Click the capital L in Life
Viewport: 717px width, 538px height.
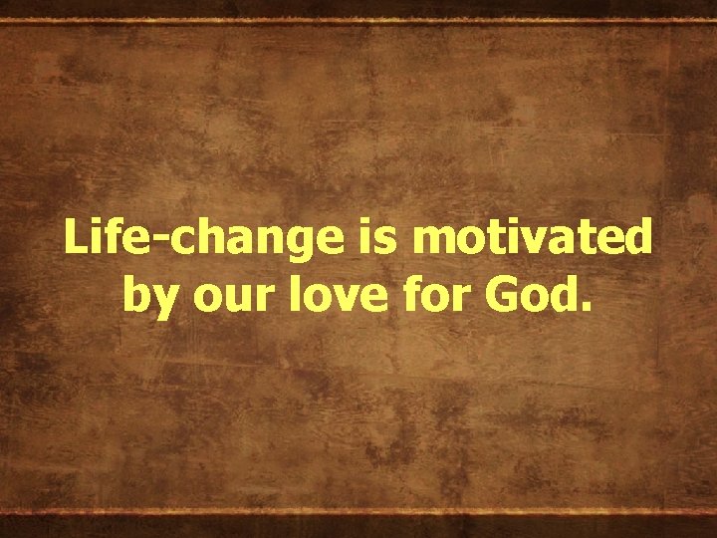click(x=73, y=239)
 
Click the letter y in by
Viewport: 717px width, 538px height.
click(x=160, y=300)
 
